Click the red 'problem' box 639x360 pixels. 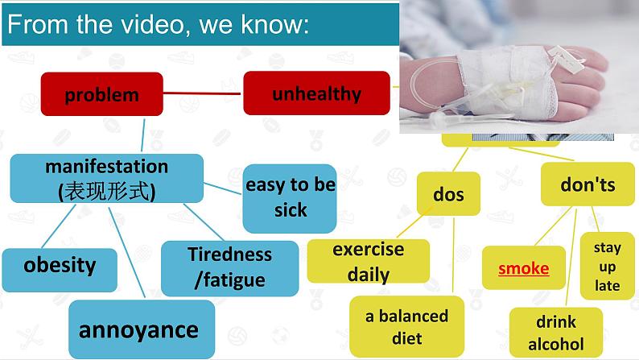point(101,94)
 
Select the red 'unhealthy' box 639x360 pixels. point(316,93)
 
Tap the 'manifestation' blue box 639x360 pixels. point(106,178)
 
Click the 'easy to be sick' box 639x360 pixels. point(290,197)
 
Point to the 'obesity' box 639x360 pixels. point(60,265)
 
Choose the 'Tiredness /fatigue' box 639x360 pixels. point(229,267)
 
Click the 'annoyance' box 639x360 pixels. point(138,329)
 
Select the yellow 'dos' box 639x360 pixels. point(448,194)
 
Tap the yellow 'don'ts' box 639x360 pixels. point(587,184)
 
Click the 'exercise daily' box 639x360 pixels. point(368,261)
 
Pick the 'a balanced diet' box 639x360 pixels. point(406,326)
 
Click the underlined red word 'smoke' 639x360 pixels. point(523,268)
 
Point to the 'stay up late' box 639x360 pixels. point(607,267)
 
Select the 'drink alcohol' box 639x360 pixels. point(555,333)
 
